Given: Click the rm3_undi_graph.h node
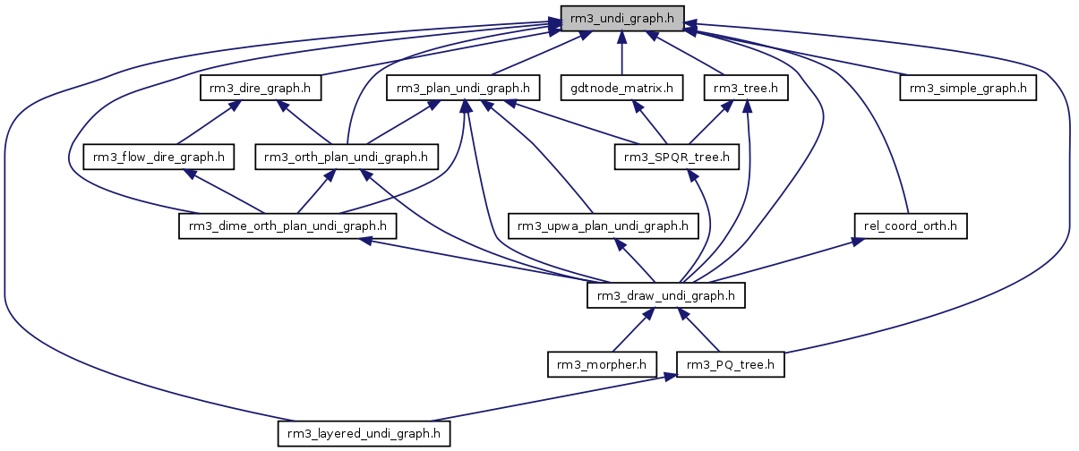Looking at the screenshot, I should (x=621, y=18).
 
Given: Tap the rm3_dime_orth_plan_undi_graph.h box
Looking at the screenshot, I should (x=287, y=226).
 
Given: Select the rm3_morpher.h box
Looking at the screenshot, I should (x=602, y=364).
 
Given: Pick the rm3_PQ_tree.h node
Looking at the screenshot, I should (x=731, y=364).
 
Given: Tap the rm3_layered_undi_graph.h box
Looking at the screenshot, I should (x=364, y=434).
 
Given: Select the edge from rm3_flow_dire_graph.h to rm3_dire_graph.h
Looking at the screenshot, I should (x=205, y=122).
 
